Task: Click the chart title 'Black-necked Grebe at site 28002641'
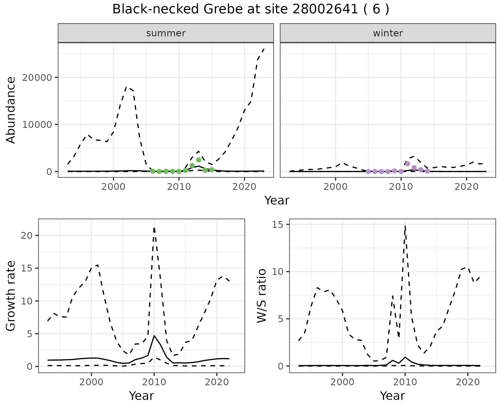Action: tap(250, 10)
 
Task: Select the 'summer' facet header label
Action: tap(166, 33)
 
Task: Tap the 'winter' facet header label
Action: tap(388, 33)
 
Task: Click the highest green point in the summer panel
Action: tap(198, 160)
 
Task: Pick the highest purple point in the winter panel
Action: tap(407, 164)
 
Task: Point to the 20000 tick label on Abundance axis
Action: tap(37, 78)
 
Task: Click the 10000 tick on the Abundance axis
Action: tap(37, 124)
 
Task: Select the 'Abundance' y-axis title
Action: tap(11, 110)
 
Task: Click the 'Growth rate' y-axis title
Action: tap(11, 296)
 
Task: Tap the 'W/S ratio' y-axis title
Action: tap(262, 296)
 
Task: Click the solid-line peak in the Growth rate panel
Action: tap(154, 335)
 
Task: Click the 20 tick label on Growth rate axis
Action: tap(27, 236)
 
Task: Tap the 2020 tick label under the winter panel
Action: tap(466, 187)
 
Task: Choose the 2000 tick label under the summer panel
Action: tap(113, 187)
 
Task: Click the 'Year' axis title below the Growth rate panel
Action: tap(141, 396)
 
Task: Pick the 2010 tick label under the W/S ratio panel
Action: tap(405, 382)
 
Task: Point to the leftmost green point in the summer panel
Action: tap(153, 171)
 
